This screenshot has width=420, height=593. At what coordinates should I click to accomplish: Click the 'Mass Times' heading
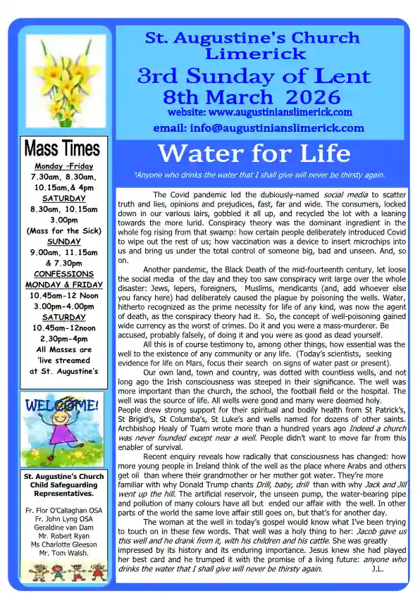62,149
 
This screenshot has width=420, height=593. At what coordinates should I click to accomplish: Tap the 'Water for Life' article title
254,152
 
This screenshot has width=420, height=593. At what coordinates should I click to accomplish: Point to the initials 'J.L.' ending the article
378,568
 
